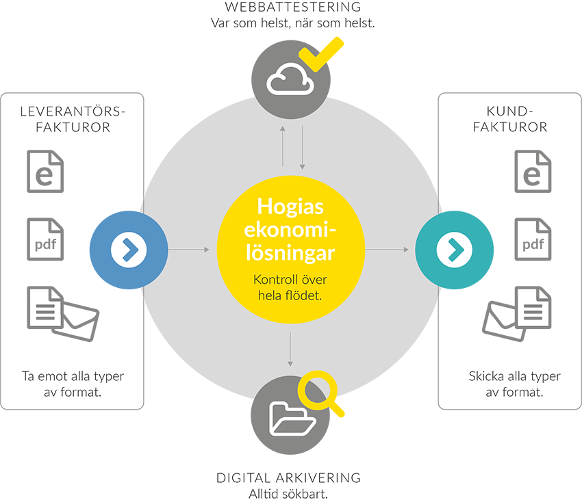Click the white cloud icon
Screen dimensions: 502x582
pyautogui.click(x=290, y=81)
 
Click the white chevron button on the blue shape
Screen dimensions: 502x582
pyautogui.click(x=129, y=250)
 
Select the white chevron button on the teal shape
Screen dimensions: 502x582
pyautogui.click(x=454, y=250)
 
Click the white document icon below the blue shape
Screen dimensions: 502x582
pyautogui.click(x=45, y=309)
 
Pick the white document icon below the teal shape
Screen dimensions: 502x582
pyautogui.click(x=533, y=309)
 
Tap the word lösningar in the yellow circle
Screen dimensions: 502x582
pyautogui.click(x=291, y=254)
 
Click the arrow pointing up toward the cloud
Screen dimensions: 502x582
pyautogui.click(x=283, y=145)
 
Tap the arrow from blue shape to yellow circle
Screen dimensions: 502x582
pyautogui.click(x=188, y=250)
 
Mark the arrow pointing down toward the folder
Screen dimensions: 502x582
pyautogui.click(x=291, y=349)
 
